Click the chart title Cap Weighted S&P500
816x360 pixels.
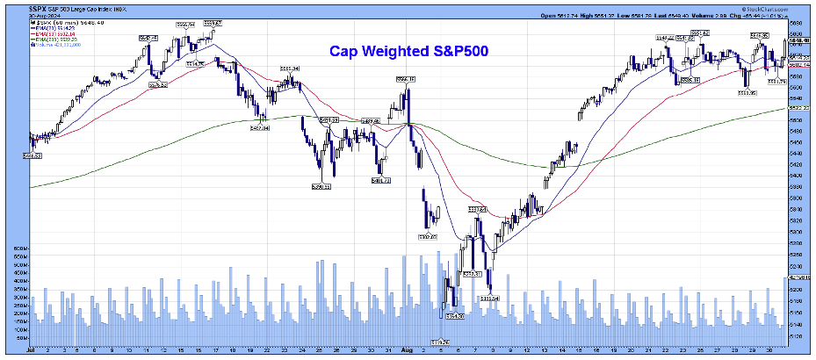coord(408,52)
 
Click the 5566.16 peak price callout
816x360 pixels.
coord(406,80)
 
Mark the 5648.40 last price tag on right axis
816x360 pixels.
coord(799,40)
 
